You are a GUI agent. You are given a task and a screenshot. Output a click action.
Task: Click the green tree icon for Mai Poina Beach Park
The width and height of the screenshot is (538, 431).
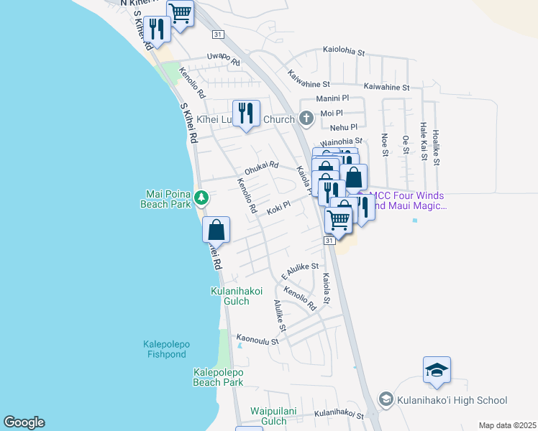(x=203, y=196)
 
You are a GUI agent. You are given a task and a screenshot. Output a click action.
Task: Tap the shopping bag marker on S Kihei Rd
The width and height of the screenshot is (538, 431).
(x=216, y=231)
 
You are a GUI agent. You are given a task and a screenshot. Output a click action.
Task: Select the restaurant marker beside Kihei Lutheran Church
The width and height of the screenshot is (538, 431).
(x=246, y=113)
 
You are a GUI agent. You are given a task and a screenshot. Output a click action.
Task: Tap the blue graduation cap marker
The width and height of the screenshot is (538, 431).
(x=437, y=371)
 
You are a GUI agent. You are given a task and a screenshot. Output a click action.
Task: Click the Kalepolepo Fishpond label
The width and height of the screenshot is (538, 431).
(x=165, y=349)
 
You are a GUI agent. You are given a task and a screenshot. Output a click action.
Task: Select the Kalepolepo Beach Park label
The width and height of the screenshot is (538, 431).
(x=218, y=377)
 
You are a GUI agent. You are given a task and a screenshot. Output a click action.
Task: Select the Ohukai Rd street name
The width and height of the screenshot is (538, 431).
(x=261, y=170)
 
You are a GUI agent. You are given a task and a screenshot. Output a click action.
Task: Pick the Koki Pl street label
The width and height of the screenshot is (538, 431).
(x=278, y=208)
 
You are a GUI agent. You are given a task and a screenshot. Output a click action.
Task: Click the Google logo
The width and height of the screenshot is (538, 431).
(x=24, y=422)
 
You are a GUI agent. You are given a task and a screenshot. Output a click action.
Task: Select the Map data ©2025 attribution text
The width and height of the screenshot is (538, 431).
(x=506, y=425)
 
